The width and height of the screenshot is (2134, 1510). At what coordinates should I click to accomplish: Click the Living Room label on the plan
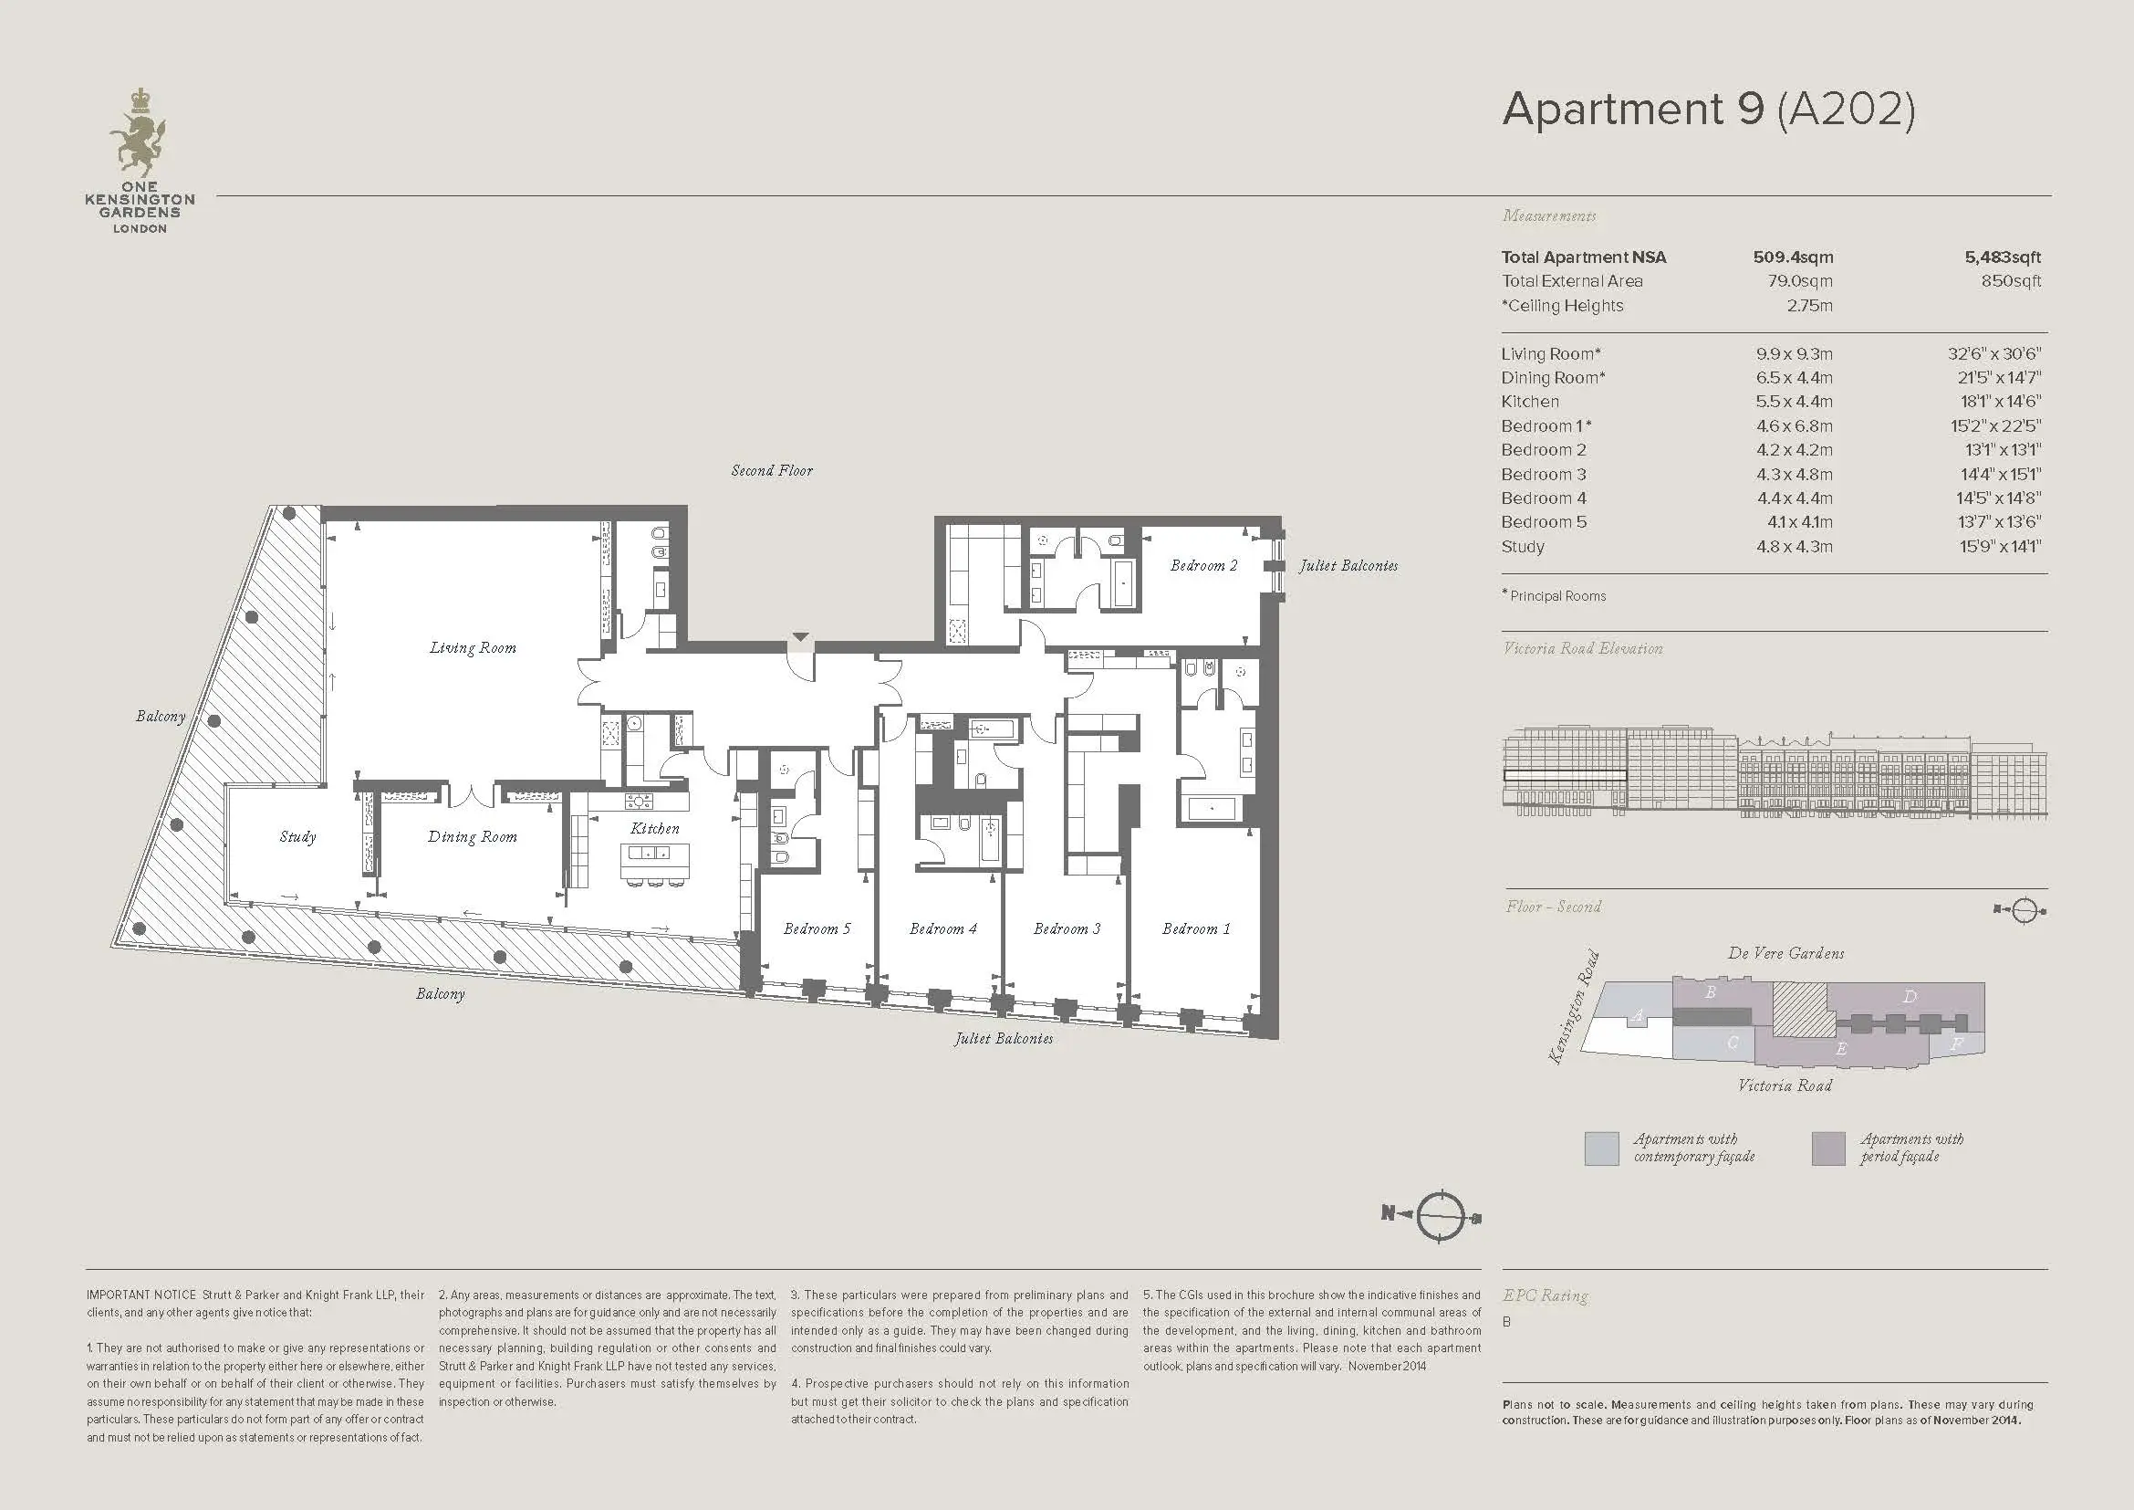pos(473,648)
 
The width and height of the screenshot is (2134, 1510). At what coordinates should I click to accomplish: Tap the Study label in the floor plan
pos(297,837)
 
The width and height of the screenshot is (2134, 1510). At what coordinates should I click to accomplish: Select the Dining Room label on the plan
pos(473,837)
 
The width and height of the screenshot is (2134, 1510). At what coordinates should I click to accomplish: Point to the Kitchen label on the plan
pos(654,828)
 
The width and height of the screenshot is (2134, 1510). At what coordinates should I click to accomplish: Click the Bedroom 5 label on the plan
pos(816,928)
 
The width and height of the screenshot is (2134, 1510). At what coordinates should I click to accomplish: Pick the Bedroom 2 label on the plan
pos(1203,565)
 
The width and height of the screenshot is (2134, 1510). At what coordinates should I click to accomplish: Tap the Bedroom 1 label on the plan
pos(1195,928)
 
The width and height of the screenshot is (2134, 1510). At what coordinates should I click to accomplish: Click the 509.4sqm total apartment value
pos(1793,257)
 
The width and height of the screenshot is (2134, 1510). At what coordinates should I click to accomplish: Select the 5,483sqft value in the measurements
pos(2003,257)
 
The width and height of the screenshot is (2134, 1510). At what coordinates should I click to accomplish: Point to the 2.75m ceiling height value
pos(1809,306)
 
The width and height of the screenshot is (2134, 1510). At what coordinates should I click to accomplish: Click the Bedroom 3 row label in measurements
pos(1544,474)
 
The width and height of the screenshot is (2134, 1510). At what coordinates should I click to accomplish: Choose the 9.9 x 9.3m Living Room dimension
pos(1794,354)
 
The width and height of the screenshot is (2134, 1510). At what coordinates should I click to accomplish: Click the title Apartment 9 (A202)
pos(1708,110)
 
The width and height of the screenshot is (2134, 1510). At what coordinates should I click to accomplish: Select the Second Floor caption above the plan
pos(772,470)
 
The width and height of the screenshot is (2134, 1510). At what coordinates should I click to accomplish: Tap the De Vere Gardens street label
pos(1785,953)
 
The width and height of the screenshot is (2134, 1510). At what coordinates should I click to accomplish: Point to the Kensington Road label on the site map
pos(1574,1007)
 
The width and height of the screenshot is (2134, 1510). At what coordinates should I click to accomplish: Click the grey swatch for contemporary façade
pos(1601,1148)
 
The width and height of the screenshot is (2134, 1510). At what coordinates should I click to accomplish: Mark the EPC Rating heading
pos(1545,1295)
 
